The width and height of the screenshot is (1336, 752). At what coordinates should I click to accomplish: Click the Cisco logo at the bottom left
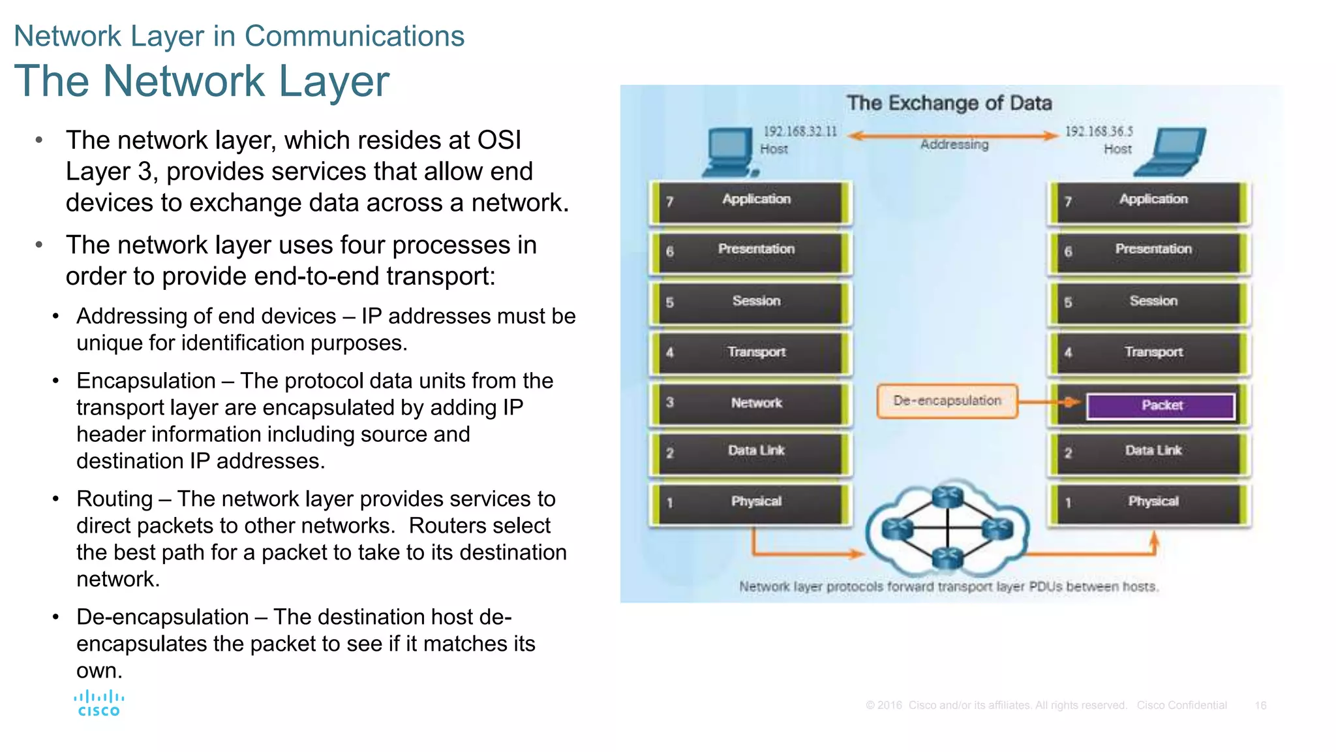pyautogui.click(x=99, y=704)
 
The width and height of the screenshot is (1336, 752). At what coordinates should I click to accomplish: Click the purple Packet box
pyautogui.click(x=1161, y=405)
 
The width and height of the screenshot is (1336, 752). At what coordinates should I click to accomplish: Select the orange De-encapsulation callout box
pyautogui.click(x=947, y=401)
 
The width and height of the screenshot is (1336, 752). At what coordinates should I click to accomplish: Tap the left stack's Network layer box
pyautogui.click(x=751, y=403)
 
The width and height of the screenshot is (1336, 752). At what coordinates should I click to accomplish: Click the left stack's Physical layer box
pyautogui.click(x=751, y=502)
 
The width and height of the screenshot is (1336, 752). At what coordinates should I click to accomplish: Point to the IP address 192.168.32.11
pyautogui.click(x=800, y=131)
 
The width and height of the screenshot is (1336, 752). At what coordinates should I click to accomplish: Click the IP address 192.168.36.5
pyautogui.click(x=1099, y=131)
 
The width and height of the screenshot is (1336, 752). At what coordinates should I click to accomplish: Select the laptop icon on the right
pyautogui.click(x=1172, y=152)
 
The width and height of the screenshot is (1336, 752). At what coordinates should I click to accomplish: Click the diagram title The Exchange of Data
pyautogui.click(x=949, y=103)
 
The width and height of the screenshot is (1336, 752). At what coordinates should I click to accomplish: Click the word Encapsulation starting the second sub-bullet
pyautogui.click(x=146, y=381)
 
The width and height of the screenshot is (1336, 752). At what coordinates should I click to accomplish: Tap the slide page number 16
pyautogui.click(x=1260, y=705)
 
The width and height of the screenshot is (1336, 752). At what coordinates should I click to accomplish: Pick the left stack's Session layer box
pyautogui.click(x=751, y=302)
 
